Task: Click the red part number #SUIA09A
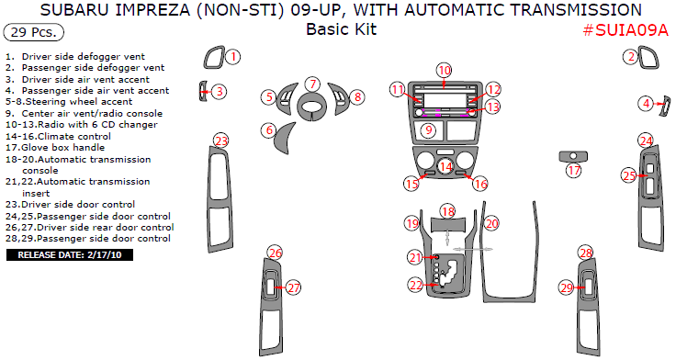click(x=625, y=30)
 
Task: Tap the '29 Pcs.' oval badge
click(x=33, y=32)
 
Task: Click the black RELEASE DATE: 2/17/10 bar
click(x=70, y=254)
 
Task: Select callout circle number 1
click(x=232, y=57)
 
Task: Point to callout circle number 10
click(x=444, y=71)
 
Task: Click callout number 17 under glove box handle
click(x=574, y=171)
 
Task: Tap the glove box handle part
click(x=573, y=156)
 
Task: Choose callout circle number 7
click(x=313, y=84)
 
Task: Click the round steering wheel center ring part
click(x=313, y=107)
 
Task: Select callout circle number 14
click(x=446, y=167)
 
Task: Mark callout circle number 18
click(x=448, y=212)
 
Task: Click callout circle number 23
click(x=221, y=141)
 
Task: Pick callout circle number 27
click(x=294, y=287)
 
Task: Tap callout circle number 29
click(x=567, y=287)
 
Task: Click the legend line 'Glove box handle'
click(x=55, y=148)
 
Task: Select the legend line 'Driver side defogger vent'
click(x=75, y=56)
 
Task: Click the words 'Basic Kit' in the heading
click(x=342, y=29)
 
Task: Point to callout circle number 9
click(x=429, y=129)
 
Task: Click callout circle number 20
click(x=491, y=223)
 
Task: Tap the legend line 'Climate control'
click(x=58, y=136)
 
